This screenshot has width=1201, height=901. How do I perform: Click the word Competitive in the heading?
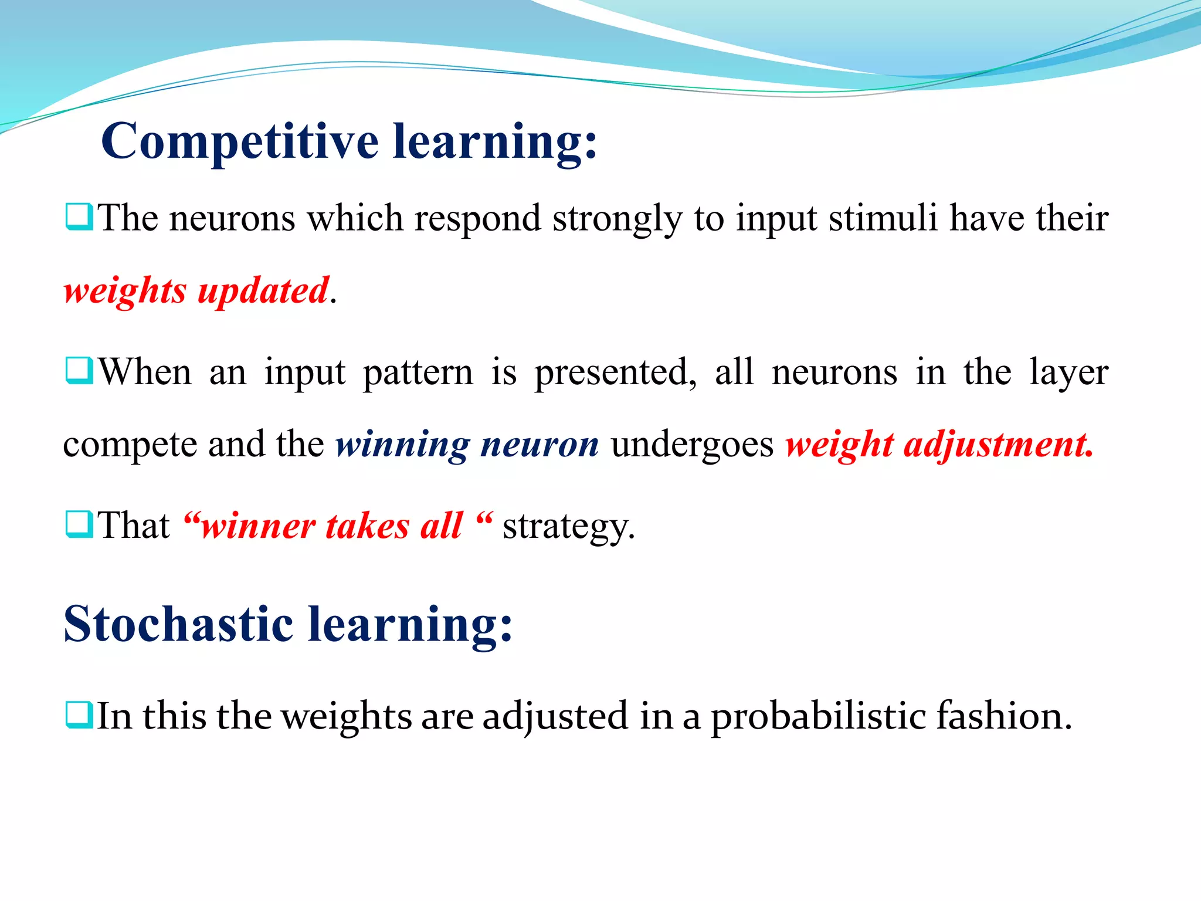click(x=240, y=142)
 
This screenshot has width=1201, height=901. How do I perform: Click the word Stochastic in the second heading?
click(x=178, y=624)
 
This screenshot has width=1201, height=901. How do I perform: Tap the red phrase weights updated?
click(x=196, y=291)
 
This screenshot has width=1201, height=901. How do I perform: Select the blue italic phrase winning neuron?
click(x=467, y=445)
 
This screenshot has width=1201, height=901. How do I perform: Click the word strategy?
click(x=568, y=526)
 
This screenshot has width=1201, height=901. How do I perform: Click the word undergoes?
click(x=692, y=445)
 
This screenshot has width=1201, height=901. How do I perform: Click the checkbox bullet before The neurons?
click(x=79, y=217)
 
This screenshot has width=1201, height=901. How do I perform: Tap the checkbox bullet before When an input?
click(x=79, y=371)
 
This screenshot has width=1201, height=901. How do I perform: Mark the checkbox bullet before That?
click(x=79, y=524)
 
